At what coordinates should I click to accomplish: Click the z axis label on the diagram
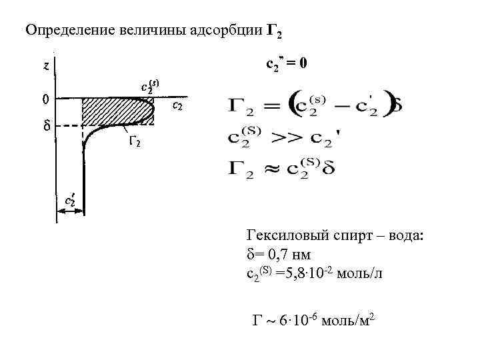tap(45, 66)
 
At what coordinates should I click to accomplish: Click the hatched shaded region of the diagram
tap(113, 111)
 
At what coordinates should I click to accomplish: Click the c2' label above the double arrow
tap(69, 199)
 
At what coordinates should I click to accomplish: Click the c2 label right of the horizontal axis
tap(178, 105)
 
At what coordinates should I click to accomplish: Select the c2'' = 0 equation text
tap(287, 64)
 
